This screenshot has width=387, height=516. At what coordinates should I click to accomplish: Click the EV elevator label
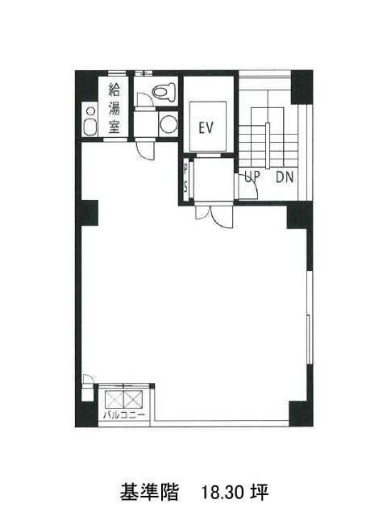(x=206, y=127)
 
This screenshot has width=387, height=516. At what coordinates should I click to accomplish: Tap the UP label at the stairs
(x=252, y=177)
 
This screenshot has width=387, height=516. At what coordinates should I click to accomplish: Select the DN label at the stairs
(x=285, y=177)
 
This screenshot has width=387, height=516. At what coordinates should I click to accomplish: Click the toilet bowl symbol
(x=164, y=91)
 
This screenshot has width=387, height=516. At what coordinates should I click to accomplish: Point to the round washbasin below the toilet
(x=169, y=124)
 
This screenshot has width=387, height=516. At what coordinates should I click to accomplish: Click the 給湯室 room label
(x=114, y=108)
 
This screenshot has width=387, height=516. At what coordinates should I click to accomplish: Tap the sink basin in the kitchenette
(x=89, y=127)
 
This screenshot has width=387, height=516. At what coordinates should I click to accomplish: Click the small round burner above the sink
(x=89, y=111)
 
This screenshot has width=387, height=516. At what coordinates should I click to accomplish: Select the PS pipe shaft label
(x=186, y=178)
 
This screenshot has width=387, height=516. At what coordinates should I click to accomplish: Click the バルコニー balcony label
(x=123, y=414)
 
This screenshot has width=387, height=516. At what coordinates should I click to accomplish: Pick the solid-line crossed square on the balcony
(x=133, y=399)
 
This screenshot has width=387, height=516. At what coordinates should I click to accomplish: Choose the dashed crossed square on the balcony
(x=114, y=399)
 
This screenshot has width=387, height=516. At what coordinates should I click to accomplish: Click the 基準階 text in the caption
(x=149, y=493)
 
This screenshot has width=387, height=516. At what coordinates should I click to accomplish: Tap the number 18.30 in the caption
(x=223, y=493)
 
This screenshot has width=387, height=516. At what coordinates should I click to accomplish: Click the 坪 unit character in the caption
(x=260, y=493)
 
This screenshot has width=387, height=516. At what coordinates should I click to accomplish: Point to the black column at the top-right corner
(x=302, y=87)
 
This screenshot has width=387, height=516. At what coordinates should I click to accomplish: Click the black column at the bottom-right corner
(x=301, y=414)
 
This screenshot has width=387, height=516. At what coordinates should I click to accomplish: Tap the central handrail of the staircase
(x=268, y=145)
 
